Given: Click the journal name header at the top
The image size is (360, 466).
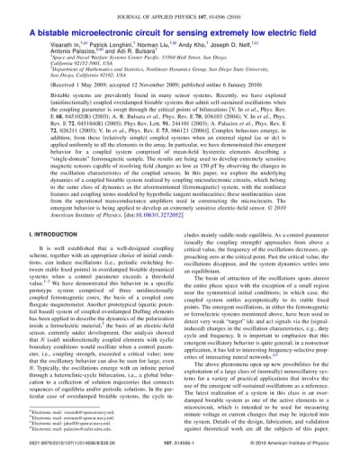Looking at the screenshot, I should pyautogui.click(x=179, y=8).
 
